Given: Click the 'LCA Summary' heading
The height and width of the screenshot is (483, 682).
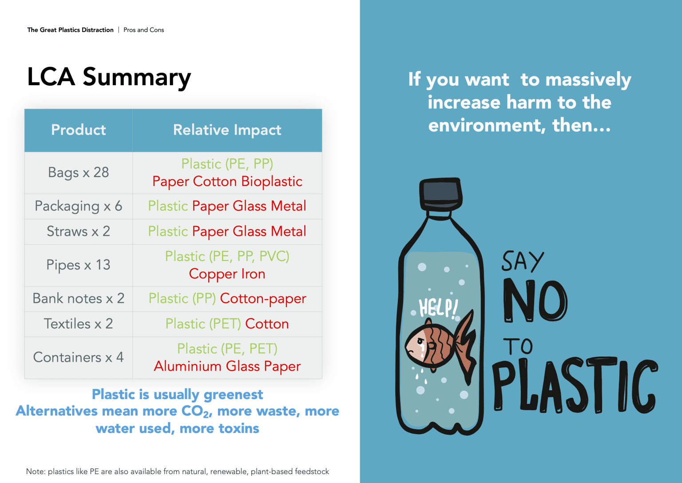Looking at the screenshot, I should coord(109,77).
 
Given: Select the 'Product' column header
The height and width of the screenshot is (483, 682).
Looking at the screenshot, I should coord(79,130).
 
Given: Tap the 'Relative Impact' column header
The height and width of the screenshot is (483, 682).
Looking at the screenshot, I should coord(227,130).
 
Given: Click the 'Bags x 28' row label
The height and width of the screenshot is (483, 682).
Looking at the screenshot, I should coord(79,172).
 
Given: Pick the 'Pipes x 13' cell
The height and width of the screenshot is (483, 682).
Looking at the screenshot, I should coord(79,265).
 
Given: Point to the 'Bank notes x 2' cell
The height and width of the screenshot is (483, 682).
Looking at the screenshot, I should coord(79,298).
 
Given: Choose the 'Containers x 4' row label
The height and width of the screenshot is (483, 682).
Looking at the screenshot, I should coord(79,357).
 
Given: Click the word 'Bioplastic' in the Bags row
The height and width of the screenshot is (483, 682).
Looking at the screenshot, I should coord(272,182).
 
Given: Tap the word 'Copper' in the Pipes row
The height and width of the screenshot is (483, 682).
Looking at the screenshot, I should coord(213,274).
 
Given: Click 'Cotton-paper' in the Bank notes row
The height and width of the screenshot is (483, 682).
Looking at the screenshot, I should coord(263,299).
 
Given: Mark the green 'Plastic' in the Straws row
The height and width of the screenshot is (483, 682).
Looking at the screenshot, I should coord(168,231).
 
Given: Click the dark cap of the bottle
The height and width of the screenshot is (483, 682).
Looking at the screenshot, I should coord(441,192).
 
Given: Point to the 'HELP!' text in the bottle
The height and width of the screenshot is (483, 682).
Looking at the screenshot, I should coord(438,308).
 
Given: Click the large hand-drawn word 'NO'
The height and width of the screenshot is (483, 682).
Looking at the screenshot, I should coord(535,301).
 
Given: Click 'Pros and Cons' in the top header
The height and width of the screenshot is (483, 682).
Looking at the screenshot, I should coord(144,30).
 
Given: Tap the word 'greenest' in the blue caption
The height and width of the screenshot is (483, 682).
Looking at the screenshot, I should coord(233,395).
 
